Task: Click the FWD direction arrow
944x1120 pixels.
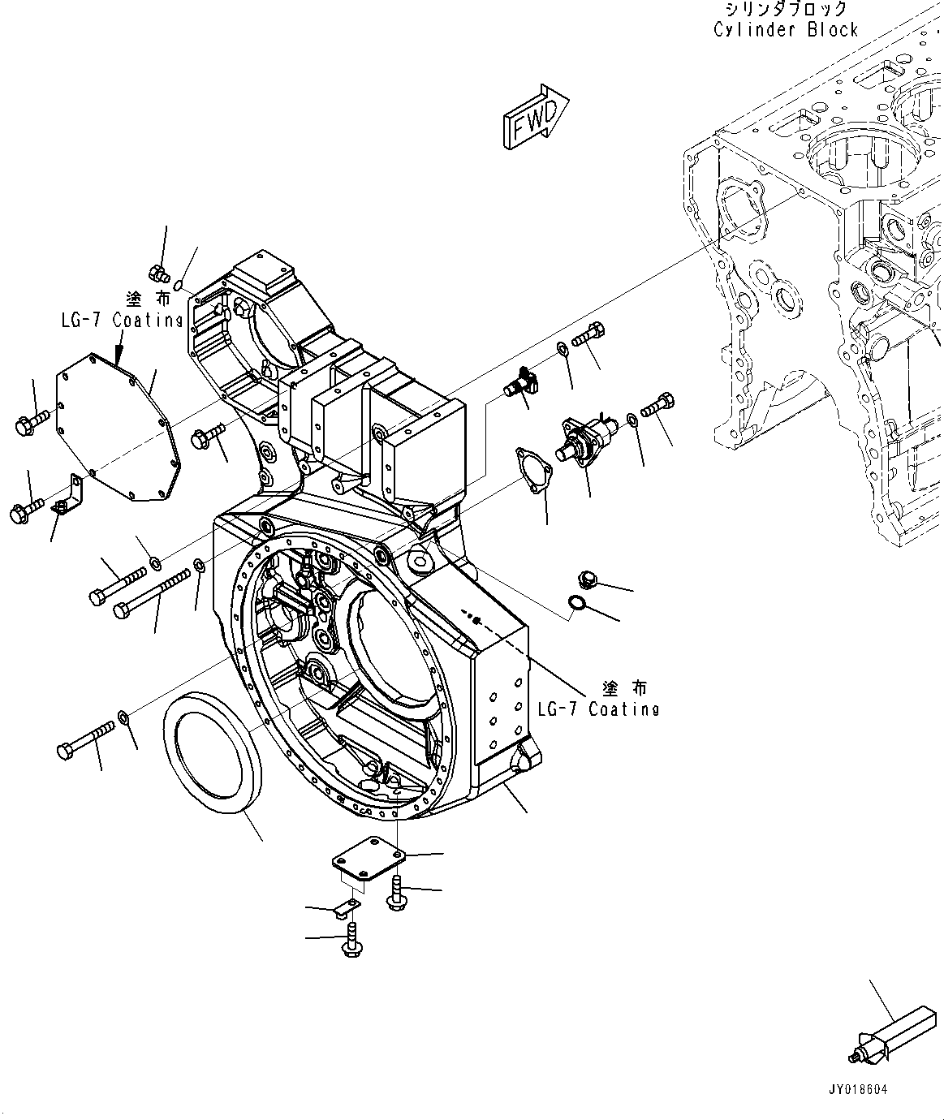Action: pyautogui.click(x=535, y=117)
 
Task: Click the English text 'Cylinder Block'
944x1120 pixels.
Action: pyautogui.click(x=785, y=30)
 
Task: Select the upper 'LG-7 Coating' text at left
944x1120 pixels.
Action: pyautogui.click(x=122, y=320)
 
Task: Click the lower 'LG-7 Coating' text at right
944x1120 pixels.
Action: pyautogui.click(x=598, y=709)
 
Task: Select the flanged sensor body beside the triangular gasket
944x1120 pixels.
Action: pyautogui.click(x=583, y=438)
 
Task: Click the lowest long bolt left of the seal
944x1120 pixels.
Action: pyautogui.click(x=87, y=741)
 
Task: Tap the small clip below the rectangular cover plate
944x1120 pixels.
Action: pyautogui.click(x=347, y=908)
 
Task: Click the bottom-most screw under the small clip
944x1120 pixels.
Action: pyautogui.click(x=351, y=941)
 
